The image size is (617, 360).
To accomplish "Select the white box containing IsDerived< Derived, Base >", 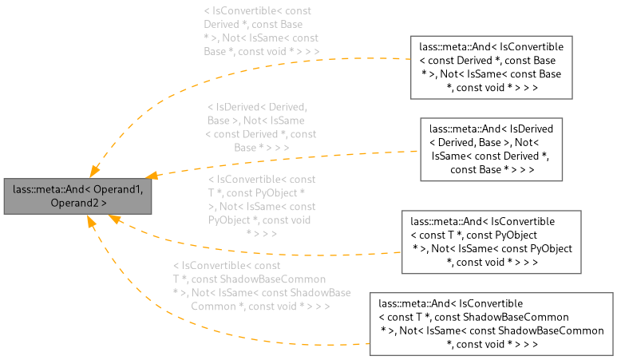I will tap(492, 149).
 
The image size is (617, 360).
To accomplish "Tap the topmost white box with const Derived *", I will tap(492, 67).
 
